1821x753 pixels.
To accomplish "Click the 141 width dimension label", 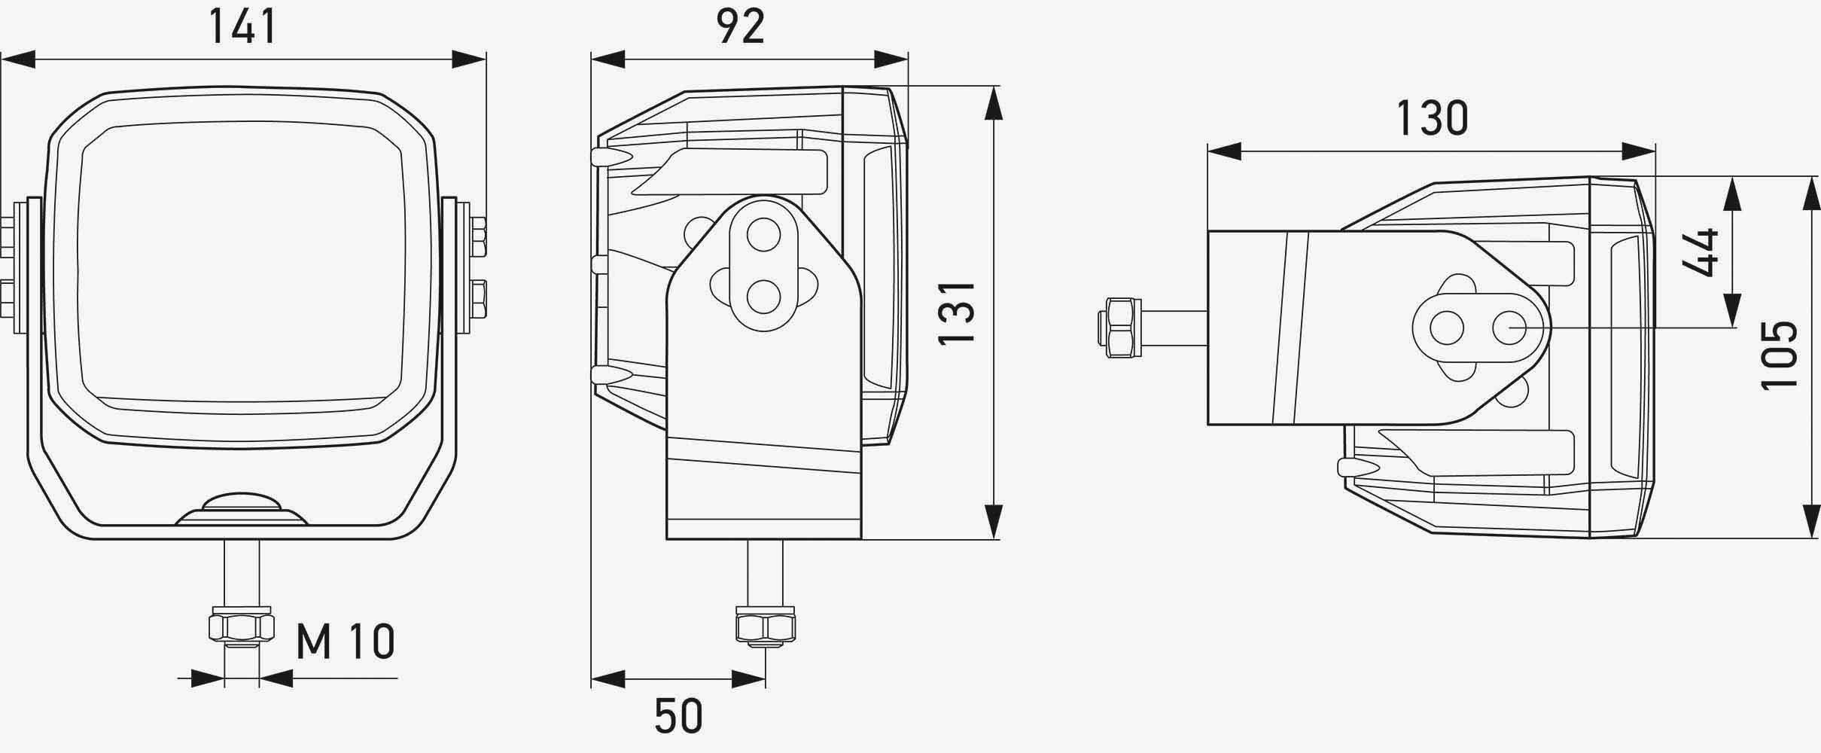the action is [x=242, y=27].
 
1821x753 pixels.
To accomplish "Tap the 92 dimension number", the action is [x=741, y=27].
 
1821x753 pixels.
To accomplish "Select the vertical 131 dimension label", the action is [x=958, y=313].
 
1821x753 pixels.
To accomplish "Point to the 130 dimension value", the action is [x=1432, y=119].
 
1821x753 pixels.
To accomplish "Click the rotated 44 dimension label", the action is [x=1700, y=252].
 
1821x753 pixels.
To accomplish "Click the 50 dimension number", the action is [x=678, y=716].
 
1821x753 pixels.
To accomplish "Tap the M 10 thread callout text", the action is [x=346, y=642].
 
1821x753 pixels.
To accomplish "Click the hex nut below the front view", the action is [x=242, y=626].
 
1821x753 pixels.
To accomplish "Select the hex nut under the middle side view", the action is [x=766, y=626].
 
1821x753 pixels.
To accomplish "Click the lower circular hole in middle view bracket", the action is [x=764, y=296].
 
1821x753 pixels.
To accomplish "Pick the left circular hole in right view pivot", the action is [x=1446, y=328].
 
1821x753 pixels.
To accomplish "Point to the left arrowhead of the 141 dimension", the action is [x=18, y=59].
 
